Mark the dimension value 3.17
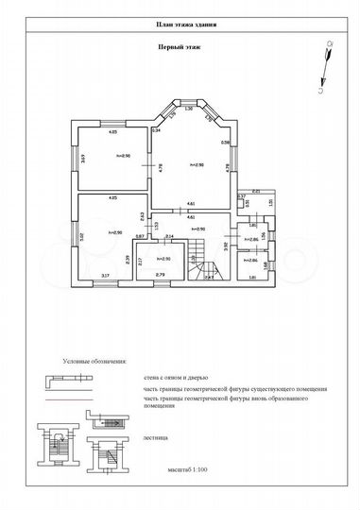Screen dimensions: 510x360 click(x=105, y=275)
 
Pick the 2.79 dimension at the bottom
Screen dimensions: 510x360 click(x=160, y=275)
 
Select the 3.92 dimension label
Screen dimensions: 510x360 click(x=225, y=246)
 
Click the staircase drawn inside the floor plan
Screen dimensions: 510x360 click(x=200, y=260)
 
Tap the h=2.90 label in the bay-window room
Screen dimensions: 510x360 click(x=198, y=164)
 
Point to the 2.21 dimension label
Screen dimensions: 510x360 click(x=256, y=190)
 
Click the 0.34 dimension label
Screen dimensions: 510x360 click(x=157, y=130)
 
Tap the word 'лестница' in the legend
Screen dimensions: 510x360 click(x=156, y=438)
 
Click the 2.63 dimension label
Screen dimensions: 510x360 click(x=141, y=215)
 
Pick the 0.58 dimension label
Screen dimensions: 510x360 click(x=225, y=143)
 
